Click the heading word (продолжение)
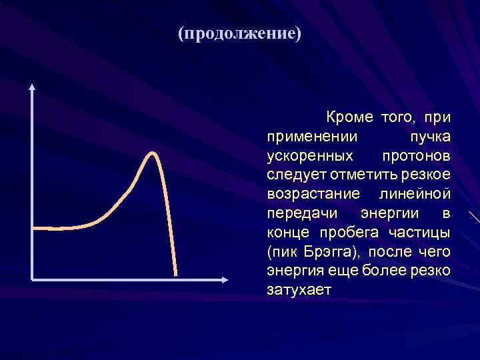tap(239, 34)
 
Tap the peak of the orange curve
tap(153, 154)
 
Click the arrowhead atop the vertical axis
tap(32, 87)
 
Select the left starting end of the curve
tap(35, 228)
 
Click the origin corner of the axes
tap(32, 278)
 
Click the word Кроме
tap(349, 117)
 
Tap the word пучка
tap(430, 137)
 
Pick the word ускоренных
tap(309, 156)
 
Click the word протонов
tap(417, 156)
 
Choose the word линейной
tap(415, 194)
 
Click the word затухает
tap(299, 291)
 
